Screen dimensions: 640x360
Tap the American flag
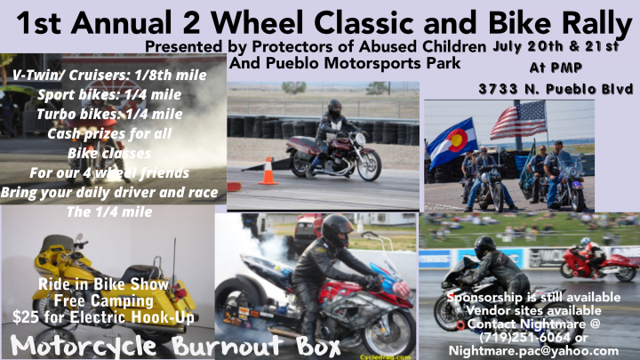click(x=519, y=120)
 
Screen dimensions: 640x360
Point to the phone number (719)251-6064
click(x=524, y=338)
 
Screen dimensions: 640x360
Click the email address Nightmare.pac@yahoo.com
click(x=533, y=351)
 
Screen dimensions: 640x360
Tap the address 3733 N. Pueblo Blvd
click(x=556, y=89)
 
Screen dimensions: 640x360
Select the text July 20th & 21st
click(x=556, y=46)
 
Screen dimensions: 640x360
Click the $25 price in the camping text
click(x=26, y=317)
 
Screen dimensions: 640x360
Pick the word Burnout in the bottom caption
click(x=228, y=346)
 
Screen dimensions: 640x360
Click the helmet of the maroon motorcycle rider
click(x=335, y=108)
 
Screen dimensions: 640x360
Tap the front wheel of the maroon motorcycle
click(x=369, y=165)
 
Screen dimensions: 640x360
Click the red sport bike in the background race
click(x=597, y=264)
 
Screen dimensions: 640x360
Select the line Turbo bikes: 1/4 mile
click(x=109, y=114)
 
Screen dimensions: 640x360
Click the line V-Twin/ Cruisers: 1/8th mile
click(x=109, y=75)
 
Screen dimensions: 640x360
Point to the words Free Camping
click(x=104, y=301)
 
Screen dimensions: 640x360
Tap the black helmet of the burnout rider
click(x=336, y=230)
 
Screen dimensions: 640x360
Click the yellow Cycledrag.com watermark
click(x=385, y=357)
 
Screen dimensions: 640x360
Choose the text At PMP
click(x=556, y=68)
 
